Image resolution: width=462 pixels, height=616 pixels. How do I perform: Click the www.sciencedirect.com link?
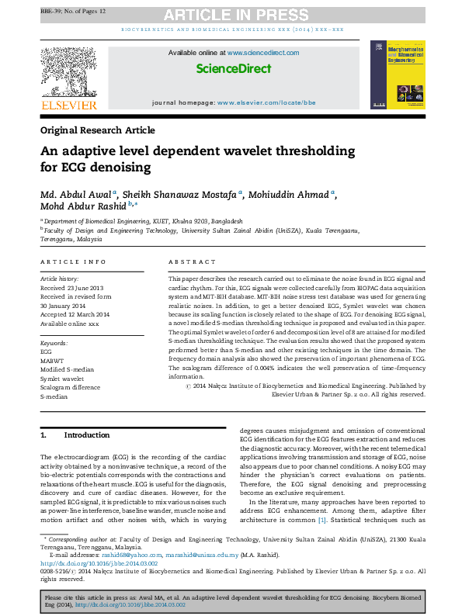tap(263, 53)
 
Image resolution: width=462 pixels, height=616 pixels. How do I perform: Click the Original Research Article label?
tap(97, 130)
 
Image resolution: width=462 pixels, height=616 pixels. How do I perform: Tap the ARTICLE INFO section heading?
tap(73, 262)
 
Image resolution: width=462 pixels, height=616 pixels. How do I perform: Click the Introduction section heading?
tap(86, 434)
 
